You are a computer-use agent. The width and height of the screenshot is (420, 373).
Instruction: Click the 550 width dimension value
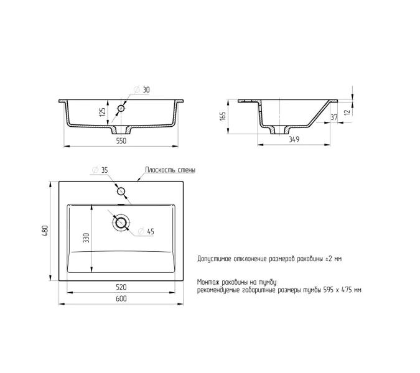pos(121,140)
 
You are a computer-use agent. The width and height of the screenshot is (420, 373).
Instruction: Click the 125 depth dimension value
pos(102,112)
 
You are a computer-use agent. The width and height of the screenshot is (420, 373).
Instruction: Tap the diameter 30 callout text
pos(142,90)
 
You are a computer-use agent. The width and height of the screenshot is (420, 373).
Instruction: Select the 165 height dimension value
pos(223,116)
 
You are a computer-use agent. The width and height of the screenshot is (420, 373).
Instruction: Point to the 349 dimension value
pos(294,139)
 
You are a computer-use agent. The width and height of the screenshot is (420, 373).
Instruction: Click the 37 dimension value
pos(334,117)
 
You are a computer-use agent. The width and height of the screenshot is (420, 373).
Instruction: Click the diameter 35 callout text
pos(100,170)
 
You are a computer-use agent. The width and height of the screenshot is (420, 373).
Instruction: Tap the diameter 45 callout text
pos(146,231)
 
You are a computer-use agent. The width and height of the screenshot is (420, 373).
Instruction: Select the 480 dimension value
pos(45,231)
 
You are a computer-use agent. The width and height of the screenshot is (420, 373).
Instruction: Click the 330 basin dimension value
pos(86,237)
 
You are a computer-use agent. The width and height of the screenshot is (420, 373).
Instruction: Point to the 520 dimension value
pos(121,287)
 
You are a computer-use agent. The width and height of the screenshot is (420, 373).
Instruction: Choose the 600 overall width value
pos(121,298)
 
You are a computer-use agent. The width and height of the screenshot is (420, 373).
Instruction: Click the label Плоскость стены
pos(170,170)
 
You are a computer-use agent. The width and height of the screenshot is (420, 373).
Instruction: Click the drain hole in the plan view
pos(121,223)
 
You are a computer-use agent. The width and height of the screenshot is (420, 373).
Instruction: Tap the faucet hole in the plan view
pos(121,191)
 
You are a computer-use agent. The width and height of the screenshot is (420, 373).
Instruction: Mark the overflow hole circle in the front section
pos(121,108)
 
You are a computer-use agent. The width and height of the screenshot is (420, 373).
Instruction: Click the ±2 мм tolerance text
pos(334,259)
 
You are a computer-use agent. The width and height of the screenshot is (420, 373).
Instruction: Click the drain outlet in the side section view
pos(280,130)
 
